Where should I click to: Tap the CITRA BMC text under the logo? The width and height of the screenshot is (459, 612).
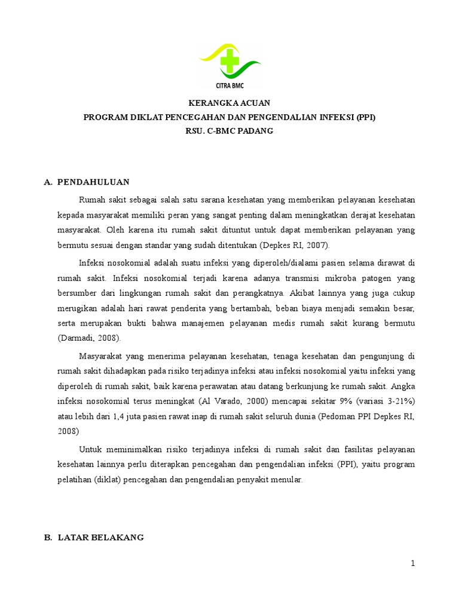click(x=230, y=85)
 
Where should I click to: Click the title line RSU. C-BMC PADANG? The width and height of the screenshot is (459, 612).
click(x=229, y=131)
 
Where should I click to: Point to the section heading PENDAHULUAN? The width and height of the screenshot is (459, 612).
click(x=94, y=182)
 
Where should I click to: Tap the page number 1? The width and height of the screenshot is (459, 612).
click(x=412, y=563)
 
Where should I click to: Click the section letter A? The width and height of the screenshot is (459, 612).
click(x=48, y=182)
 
